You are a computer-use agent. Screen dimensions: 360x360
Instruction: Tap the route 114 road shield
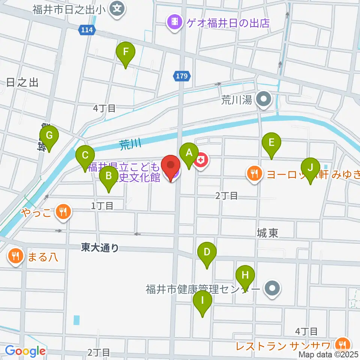pos(86,30)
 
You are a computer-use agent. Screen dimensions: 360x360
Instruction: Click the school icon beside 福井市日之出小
pos(118,7)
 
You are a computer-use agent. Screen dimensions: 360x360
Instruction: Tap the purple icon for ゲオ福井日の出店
pos(174,23)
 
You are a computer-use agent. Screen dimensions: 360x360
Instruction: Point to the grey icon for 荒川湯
pos(263,100)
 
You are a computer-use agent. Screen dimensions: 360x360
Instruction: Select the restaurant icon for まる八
pos(15,257)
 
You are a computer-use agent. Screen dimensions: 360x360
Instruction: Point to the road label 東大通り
pos(100,247)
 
